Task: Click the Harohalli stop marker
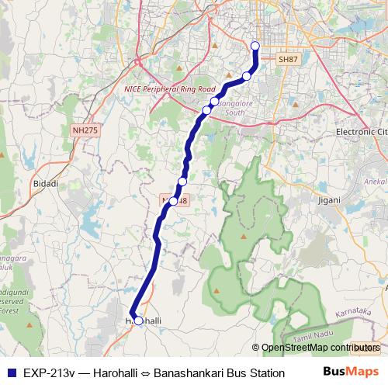pyautogui.click(x=138, y=320)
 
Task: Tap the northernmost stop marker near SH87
pyautogui.click(x=255, y=47)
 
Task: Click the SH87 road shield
pyautogui.click(x=287, y=59)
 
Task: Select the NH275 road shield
pyautogui.click(x=84, y=131)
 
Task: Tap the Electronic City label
pyautogui.click(x=361, y=132)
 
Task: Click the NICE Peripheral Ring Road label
pyautogui.click(x=169, y=90)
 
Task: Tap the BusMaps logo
pyautogui.click(x=352, y=372)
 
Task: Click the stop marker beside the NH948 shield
pyautogui.click(x=173, y=200)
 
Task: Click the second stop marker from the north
pyautogui.click(x=247, y=75)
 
